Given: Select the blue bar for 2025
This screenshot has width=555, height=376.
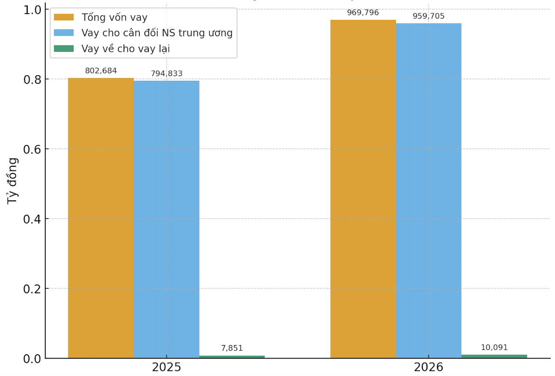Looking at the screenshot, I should click(166, 219).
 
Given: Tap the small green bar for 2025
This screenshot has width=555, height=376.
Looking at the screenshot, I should click(232, 357).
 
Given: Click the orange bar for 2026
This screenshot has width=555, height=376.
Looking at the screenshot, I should click(363, 189).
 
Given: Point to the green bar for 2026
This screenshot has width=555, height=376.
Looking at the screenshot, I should click(494, 356).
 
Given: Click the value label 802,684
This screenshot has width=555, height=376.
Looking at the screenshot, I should click(101, 71).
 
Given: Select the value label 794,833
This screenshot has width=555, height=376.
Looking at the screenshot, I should click(166, 73).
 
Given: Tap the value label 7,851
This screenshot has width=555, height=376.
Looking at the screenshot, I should click(232, 348).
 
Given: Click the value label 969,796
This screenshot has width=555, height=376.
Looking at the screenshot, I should click(363, 12).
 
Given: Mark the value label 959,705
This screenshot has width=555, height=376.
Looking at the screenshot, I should click(428, 16).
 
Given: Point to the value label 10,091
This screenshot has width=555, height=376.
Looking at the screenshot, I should click(494, 347).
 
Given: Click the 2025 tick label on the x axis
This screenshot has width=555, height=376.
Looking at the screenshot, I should click(166, 368).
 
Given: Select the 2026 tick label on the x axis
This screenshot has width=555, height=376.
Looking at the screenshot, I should click(428, 368).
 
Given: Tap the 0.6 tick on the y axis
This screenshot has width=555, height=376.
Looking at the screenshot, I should click(32, 149).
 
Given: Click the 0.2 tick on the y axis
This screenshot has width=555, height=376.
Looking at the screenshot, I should click(32, 289).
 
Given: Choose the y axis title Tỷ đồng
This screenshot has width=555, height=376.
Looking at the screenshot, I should click(12, 181).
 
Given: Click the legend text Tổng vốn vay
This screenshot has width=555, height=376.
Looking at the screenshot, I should click(114, 18).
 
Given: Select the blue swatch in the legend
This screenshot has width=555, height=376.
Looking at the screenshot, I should click(64, 33).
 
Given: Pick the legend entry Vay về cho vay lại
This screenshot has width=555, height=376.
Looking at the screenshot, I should click(125, 49).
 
